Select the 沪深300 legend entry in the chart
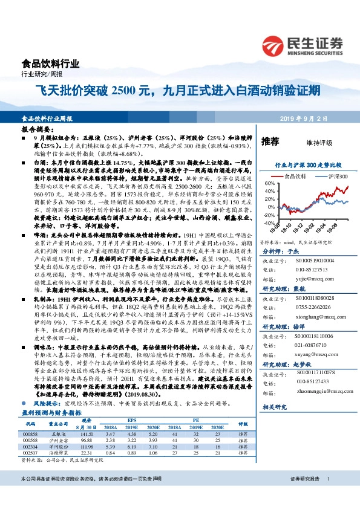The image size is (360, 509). click(x=332, y=176)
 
